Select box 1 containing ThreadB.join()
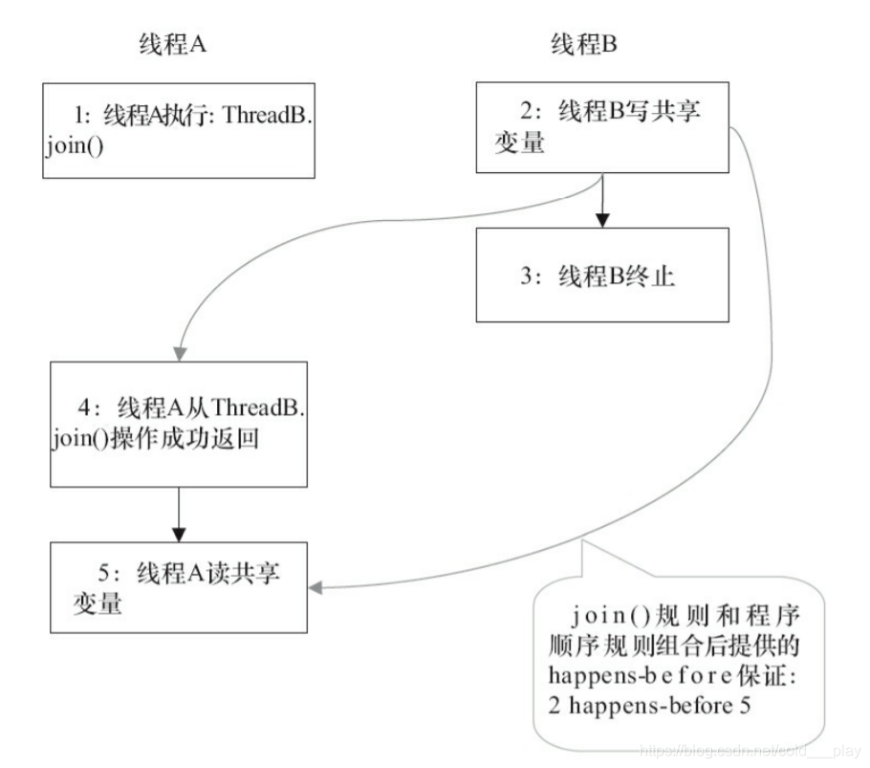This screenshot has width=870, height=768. point(178,129)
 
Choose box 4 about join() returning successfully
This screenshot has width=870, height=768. point(178,423)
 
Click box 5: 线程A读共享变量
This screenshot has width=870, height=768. point(178,586)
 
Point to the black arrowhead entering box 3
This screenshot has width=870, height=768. point(601,219)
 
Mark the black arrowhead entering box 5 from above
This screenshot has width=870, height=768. point(178,533)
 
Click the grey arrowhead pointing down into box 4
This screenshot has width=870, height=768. point(178,354)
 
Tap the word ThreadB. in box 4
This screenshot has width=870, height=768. point(260,406)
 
